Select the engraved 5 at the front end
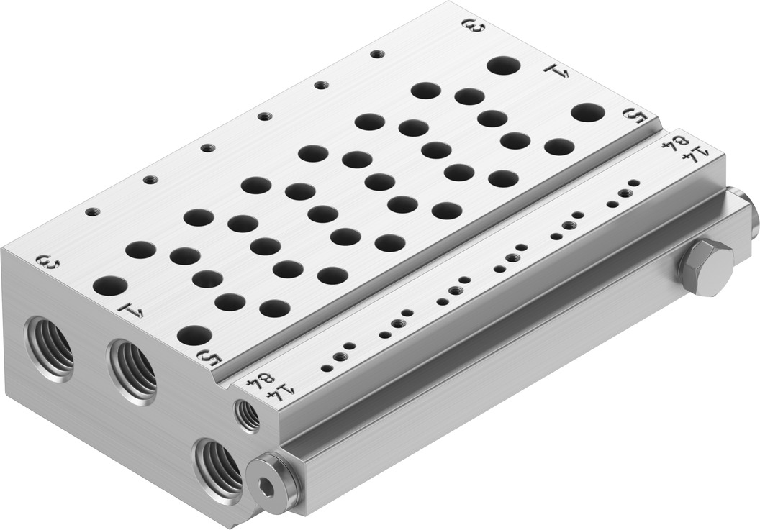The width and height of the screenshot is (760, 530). pos(209,358)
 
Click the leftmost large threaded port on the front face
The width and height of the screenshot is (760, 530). pos(50,348)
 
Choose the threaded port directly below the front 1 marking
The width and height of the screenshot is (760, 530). pos(133,371)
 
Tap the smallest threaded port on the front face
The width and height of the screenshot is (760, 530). pos(248,415)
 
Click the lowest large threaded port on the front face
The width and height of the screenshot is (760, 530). pos(218,467)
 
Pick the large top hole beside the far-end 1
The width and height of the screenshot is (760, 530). pos(504,65)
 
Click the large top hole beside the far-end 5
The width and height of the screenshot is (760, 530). pos(588,112)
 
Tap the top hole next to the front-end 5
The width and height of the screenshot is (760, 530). pos(194,334)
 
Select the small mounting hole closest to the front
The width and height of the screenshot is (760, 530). pos(93,211)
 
